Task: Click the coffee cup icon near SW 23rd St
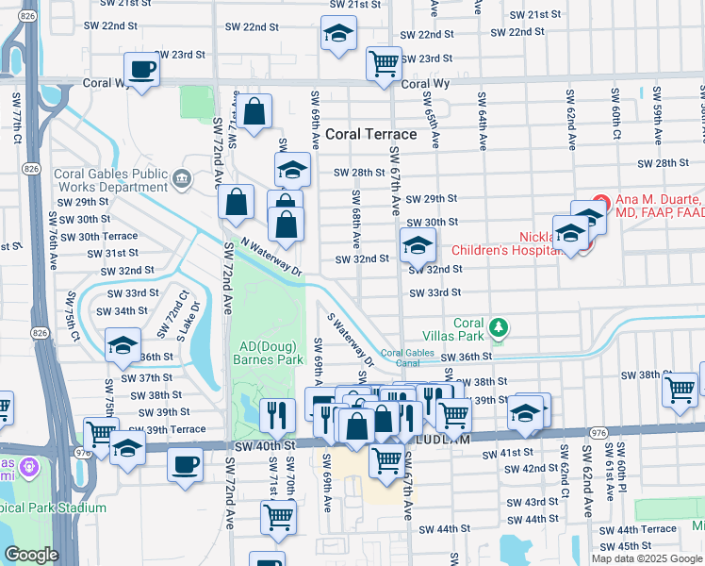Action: click(141, 70)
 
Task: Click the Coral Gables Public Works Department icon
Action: click(183, 177)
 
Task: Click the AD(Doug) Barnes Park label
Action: click(269, 353)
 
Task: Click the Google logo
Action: click(31, 555)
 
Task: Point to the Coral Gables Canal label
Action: click(407, 358)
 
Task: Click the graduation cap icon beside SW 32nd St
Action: click(418, 245)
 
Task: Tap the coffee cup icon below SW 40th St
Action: click(186, 464)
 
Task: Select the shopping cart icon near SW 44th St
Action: click(280, 516)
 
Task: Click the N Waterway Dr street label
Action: click(271, 257)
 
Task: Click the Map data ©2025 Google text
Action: click(646, 558)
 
